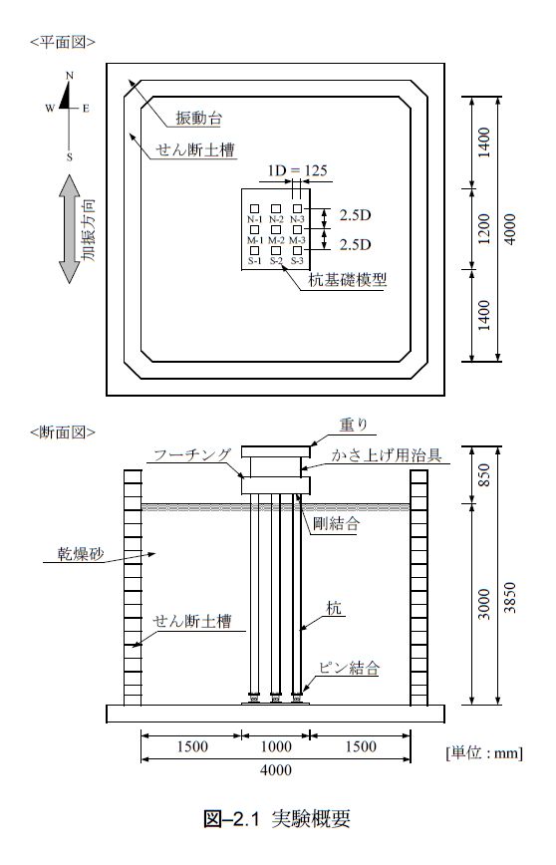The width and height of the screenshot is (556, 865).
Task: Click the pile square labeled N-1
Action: [x=254, y=208]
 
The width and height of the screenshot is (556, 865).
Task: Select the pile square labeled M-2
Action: [x=276, y=229]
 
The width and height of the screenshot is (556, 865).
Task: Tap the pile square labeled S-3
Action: [x=297, y=250]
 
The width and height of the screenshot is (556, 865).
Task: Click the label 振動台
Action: [x=198, y=118]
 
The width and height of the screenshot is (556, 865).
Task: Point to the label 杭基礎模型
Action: [x=347, y=280]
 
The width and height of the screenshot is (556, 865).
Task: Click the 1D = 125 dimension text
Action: [x=297, y=170]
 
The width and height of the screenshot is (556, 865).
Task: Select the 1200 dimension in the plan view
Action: [x=483, y=229]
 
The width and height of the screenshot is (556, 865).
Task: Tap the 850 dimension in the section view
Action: [x=483, y=475]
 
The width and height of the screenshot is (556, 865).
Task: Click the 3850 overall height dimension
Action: [x=510, y=598]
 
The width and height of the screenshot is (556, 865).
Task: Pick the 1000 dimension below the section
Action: [x=276, y=746]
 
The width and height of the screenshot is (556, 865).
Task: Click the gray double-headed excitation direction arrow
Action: [x=70, y=229]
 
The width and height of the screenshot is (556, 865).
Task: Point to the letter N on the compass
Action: [x=70, y=76]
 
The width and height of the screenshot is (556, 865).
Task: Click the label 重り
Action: [x=353, y=425]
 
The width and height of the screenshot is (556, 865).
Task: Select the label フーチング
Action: [x=192, y=455]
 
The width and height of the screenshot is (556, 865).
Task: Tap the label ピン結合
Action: [x=349, y=668]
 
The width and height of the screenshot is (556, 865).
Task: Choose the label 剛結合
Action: [x=336, y=523]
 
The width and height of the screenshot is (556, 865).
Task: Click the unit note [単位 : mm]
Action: [x=483, y=752]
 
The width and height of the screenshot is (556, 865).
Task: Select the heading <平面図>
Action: [x=63, y=43]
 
